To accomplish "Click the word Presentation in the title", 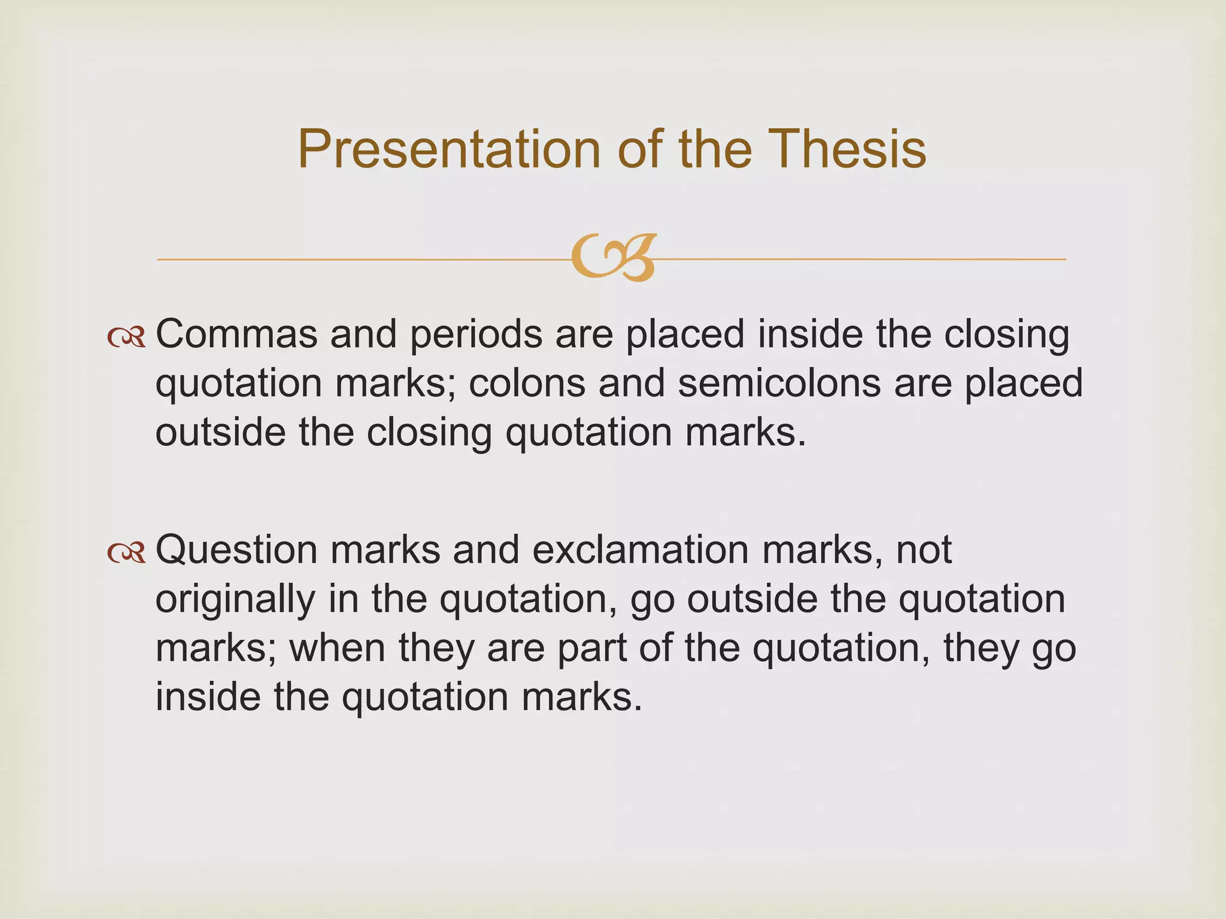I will click(448, 149).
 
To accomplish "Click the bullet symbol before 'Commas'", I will click(126, 338).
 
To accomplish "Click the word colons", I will click(527, 383).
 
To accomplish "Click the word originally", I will click(235, 600).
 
